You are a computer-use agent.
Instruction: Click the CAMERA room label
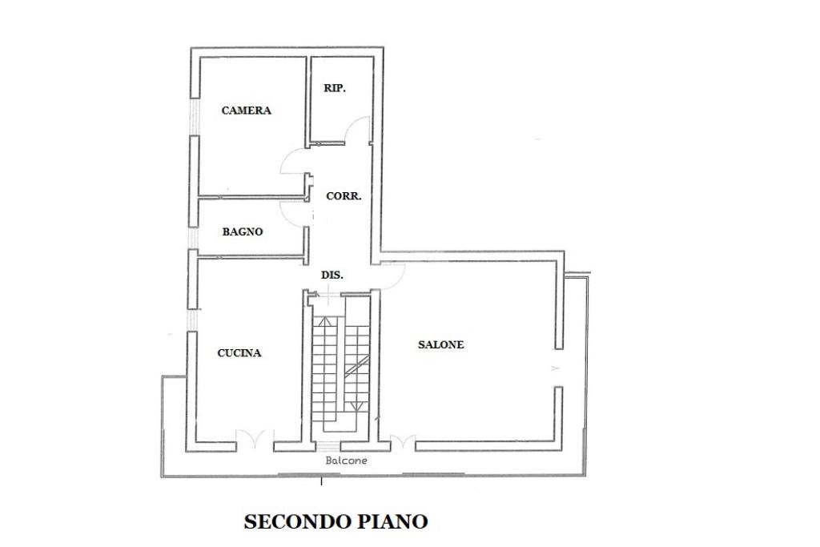(246, 111)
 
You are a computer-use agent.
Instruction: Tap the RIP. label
(335, 88)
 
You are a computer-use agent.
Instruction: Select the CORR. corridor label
(344, 195)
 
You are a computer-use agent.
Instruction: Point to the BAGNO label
(243, 231)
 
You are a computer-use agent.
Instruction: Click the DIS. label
(332, 275)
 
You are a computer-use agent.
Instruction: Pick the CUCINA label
(239, 352)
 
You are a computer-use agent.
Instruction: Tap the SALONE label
(440, 345)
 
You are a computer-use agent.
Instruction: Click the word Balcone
(346, 461)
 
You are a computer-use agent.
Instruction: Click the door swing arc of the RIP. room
(360, 130)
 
